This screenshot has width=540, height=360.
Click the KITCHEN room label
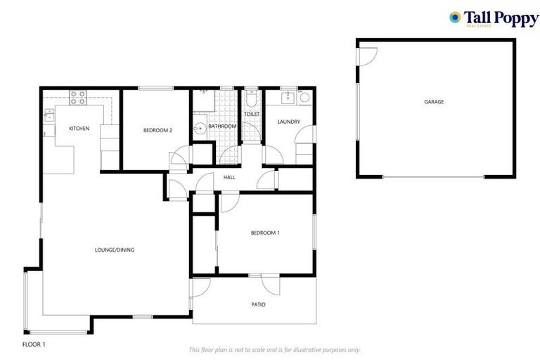tap(79, 129)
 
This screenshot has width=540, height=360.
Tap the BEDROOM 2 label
tap(158, 129)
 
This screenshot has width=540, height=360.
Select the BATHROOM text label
tap(222, 127)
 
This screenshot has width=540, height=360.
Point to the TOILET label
tap(252, 114)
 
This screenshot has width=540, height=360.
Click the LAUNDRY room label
tap(289, 122)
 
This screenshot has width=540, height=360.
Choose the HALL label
tap(229, 177)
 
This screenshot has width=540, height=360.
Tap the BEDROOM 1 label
tap(266, 233)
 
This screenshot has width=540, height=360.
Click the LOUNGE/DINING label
tap(115, 250)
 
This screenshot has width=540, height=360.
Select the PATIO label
tap(259, 304)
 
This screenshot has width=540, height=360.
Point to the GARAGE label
tap(434, 103)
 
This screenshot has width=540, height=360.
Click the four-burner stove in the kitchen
tap(77, 98)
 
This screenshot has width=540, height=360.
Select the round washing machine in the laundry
tap(304, 98)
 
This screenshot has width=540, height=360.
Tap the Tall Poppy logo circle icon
tap(455, 17)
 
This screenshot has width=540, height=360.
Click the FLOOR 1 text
tap(34, 345)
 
